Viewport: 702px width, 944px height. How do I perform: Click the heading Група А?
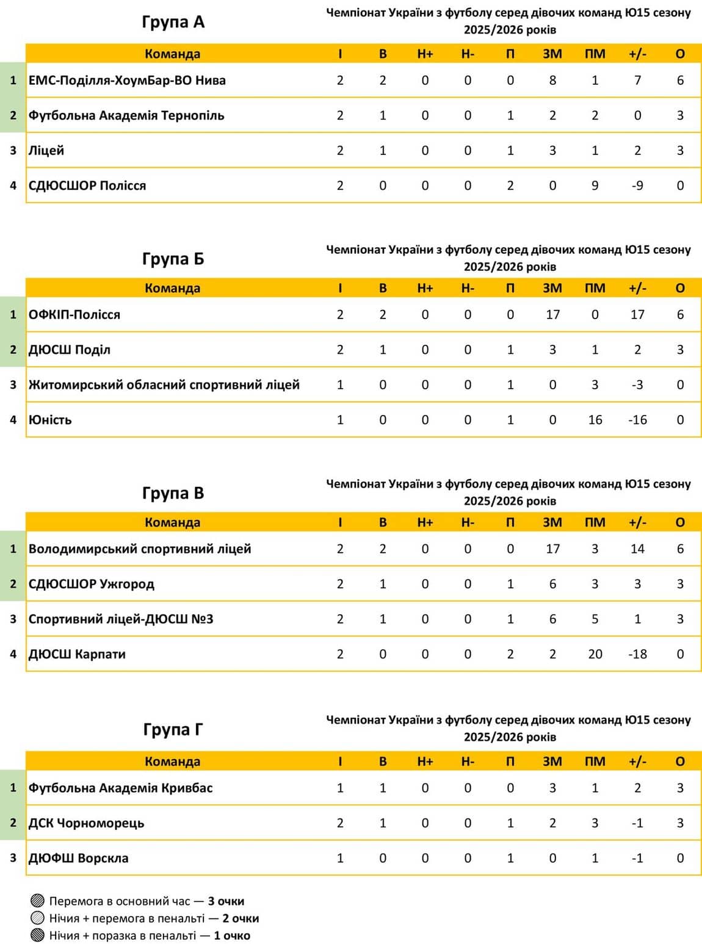173,22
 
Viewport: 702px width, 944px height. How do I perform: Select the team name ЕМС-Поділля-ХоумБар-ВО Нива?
127,81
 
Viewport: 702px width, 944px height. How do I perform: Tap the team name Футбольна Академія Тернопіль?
126,115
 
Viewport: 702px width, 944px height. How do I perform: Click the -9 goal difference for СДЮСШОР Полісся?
637,186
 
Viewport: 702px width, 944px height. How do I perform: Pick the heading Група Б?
173,259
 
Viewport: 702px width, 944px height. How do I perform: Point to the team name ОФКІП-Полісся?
74,315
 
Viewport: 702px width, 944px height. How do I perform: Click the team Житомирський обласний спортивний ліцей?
164,385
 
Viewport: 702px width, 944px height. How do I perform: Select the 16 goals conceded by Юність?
595,420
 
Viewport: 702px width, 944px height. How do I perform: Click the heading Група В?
173,493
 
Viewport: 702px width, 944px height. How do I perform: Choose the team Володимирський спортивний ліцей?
140,549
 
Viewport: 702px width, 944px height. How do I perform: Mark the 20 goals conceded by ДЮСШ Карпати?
595,654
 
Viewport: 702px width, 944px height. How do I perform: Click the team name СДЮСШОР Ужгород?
92,584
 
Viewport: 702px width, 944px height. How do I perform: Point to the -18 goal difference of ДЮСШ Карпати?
637,654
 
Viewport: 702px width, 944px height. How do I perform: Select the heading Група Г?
173,729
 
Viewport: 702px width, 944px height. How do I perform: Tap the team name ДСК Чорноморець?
86,823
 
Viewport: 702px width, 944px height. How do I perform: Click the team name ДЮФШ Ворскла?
79,858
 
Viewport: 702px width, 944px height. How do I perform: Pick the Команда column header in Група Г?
172,762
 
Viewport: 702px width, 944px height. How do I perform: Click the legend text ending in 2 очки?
154,918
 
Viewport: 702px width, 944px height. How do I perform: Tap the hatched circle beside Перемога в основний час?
38,901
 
